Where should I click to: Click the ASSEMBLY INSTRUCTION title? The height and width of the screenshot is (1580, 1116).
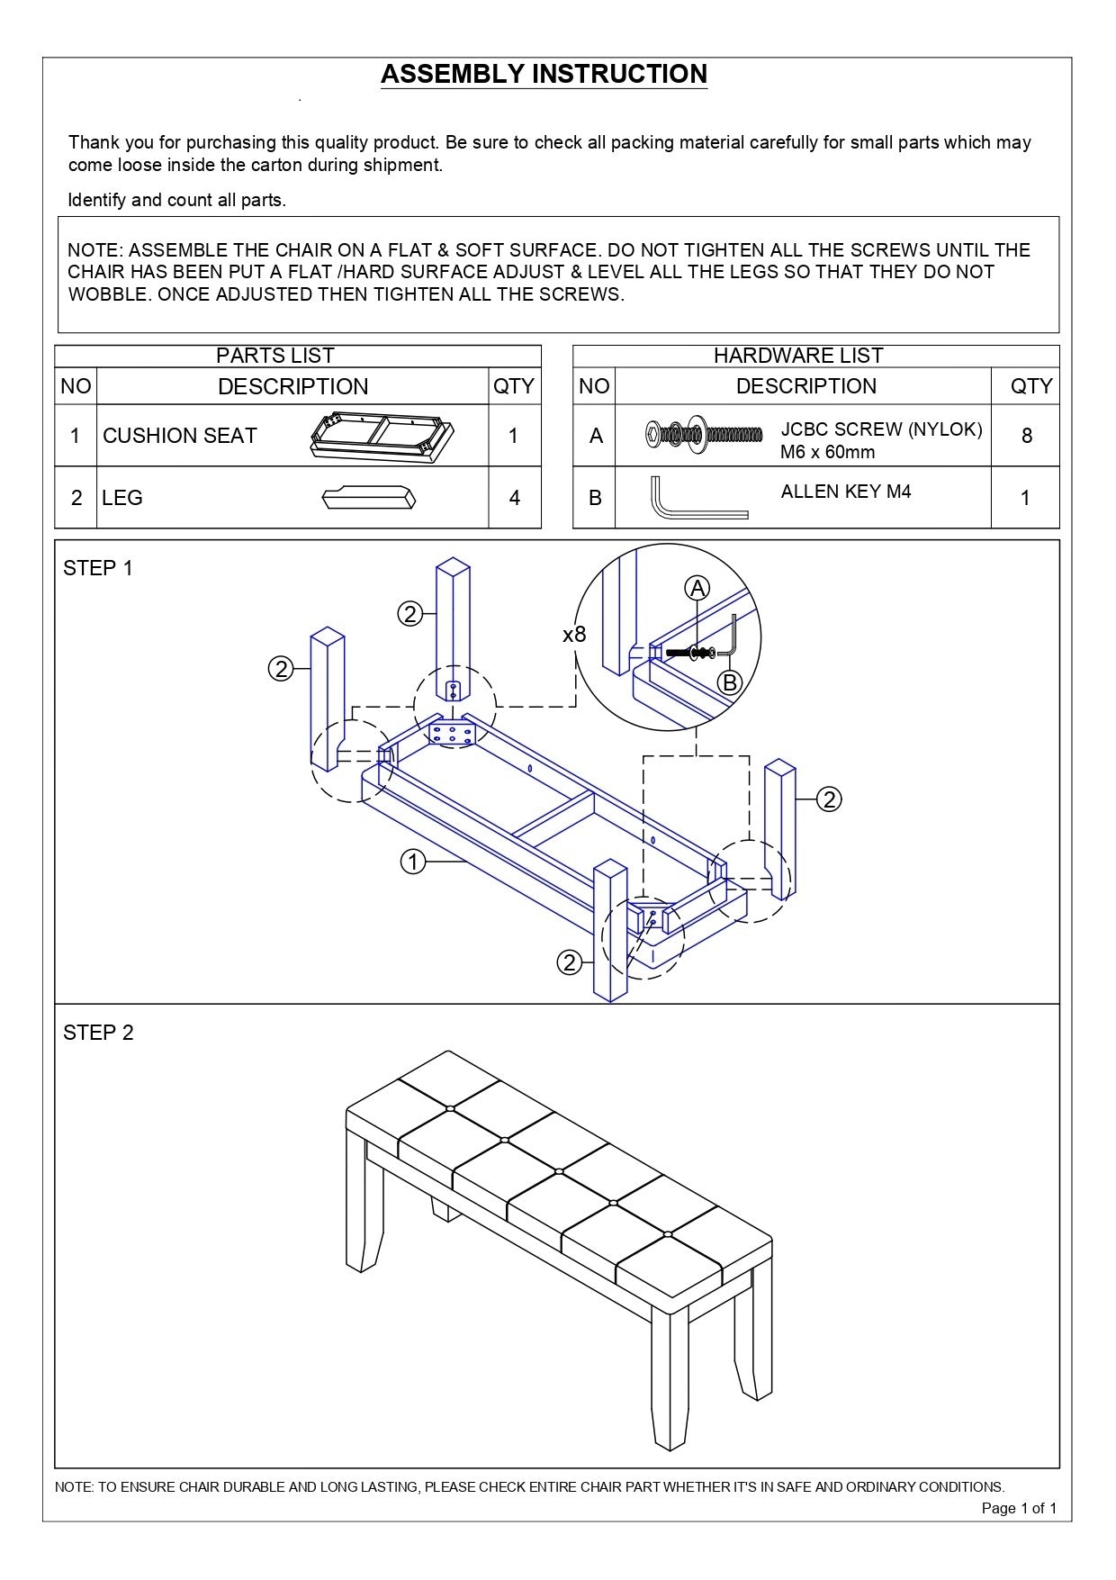pyautogui.click(x=544, y=74)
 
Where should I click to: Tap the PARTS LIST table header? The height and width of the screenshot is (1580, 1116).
pyautogui.click(x=274, y=356)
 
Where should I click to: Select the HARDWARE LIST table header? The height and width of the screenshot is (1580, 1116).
pyautogui.click(x=797, y=356)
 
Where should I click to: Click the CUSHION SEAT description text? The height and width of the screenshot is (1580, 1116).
pyautogui.click(x=180, y=436)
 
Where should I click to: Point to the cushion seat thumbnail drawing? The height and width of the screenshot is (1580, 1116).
pyautogui.click(x=379, y=436)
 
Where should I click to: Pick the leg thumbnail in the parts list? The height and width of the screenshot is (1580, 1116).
pyautogui.click(x=369, y=498)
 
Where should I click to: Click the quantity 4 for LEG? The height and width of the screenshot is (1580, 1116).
pyautogui.click(x=514, y=498)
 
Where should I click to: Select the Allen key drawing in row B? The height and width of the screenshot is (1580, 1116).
pyautogui.click(x=697, y=498)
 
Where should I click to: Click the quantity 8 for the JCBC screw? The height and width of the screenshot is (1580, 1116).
pyautogui.click(x=1026, y=437)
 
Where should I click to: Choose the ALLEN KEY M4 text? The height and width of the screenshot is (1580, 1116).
pyautogui.click(x=846, y=492)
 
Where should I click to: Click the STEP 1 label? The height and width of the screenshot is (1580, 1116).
pyautogui.click(x=97, y=568)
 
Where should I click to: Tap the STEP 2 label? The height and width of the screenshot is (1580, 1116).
pyautogui.click(x=97, y=1033)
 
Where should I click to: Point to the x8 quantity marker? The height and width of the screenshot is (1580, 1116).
pyautogui.click(x=574, y=635)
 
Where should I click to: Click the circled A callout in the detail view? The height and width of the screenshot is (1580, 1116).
pyautogui.click(x=697, y=588)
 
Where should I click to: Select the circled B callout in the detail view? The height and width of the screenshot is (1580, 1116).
pyautogui.click(x=729, y=682)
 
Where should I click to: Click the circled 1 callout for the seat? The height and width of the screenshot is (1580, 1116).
pyautogui.click(x=412, y=862)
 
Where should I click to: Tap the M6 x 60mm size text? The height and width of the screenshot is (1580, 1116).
pyautogui.click(x=827, y=452)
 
